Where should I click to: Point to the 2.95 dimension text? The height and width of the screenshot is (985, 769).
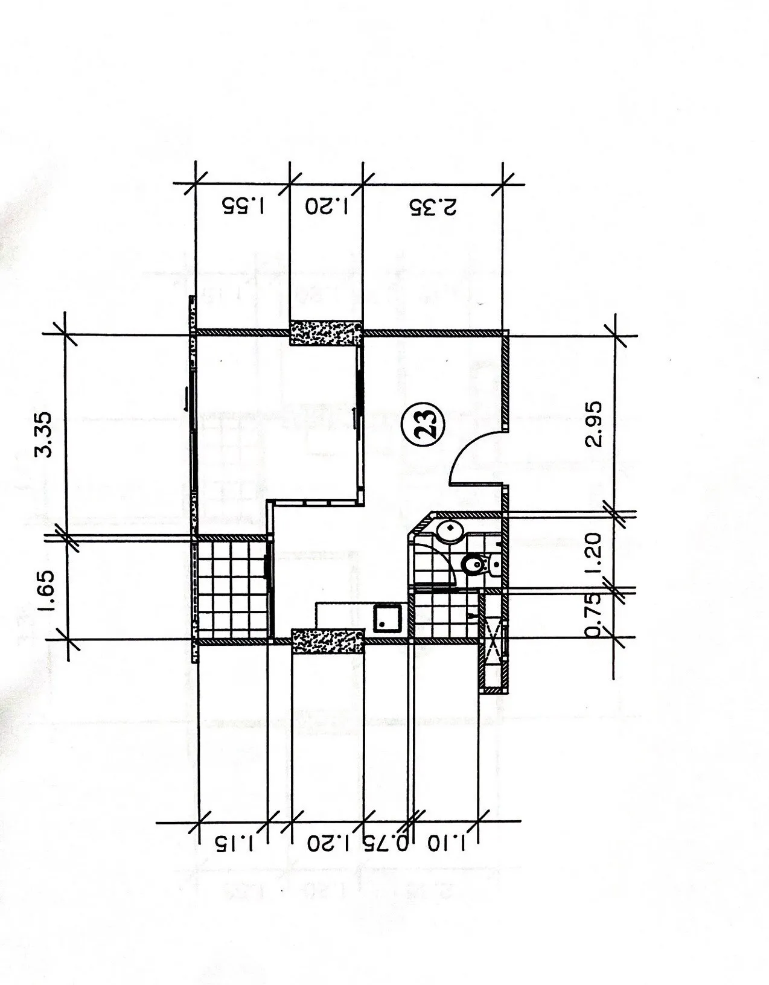593,424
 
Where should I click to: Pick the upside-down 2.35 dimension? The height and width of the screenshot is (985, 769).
433,206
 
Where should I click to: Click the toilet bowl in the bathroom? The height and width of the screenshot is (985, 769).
474,564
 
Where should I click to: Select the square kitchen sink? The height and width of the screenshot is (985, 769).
388,618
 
